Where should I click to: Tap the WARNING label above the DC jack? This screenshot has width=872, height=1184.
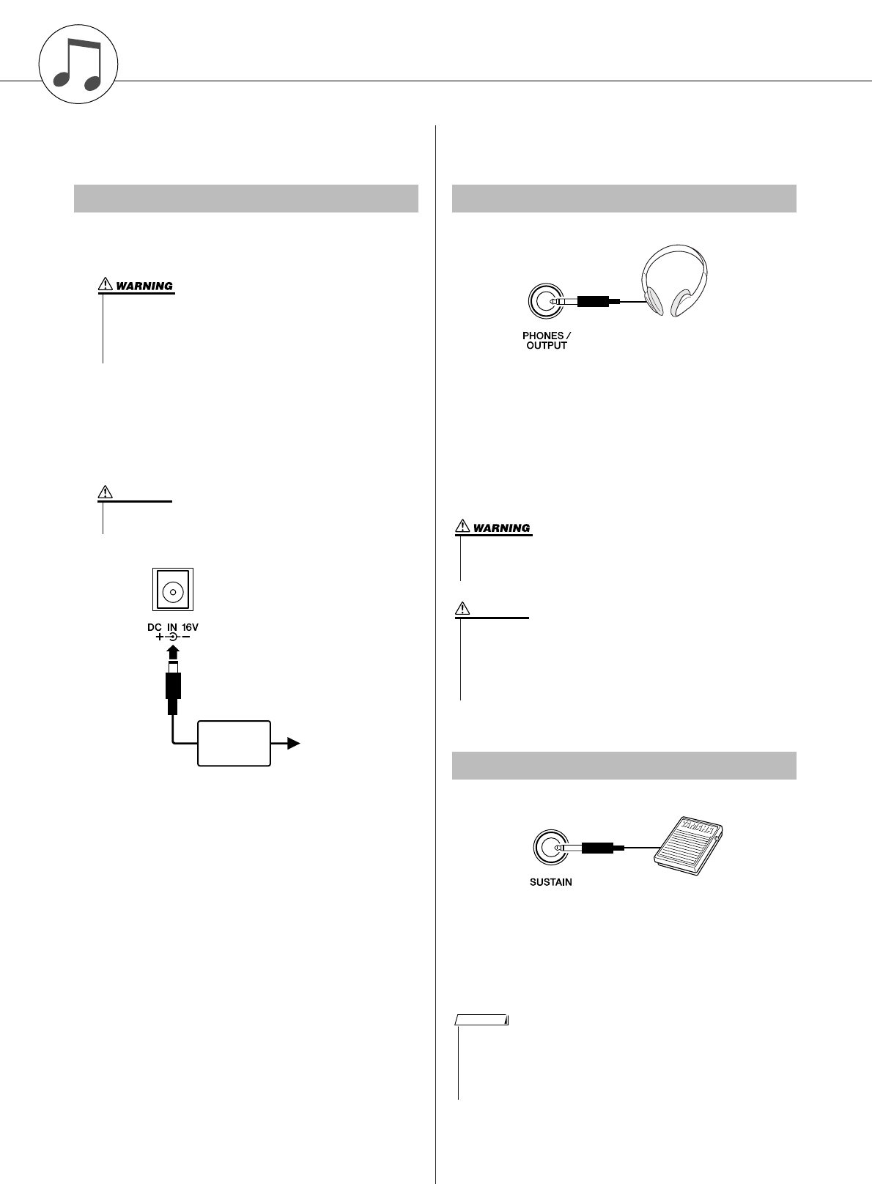point(138,286)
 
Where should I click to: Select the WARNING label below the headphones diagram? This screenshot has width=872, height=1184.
point(494,528)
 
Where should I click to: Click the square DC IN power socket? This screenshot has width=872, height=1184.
point(173,590)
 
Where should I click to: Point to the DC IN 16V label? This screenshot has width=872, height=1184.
point(173,628)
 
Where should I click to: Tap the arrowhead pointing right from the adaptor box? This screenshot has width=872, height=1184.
point(293,744)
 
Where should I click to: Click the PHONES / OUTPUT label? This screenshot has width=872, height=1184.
point(547,341)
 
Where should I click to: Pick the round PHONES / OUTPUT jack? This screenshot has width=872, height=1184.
point(545,300)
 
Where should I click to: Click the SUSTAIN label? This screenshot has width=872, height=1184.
point(551,883)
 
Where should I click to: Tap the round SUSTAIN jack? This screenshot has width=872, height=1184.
point(550,848)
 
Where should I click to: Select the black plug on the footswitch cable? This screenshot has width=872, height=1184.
point(598,848)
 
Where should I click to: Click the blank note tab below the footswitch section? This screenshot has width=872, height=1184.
point(481,1019)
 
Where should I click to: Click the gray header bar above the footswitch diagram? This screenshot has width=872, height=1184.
point(624,766)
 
